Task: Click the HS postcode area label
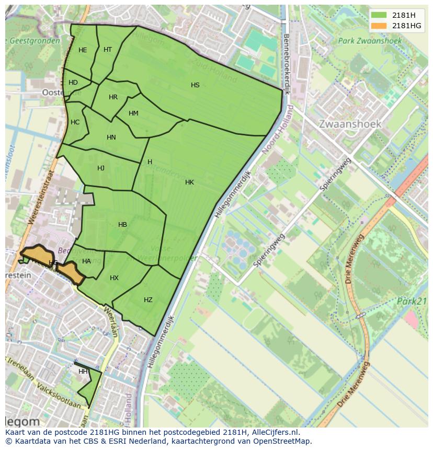point(195,85)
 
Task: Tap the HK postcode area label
point(189,182)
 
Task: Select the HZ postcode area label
point(148,300)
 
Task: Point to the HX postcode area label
point(114,278)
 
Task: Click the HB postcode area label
point(122,225)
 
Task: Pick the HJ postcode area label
point(101,168)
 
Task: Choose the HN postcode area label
point(111,137)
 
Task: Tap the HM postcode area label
point(133,113)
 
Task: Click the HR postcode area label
point(113,97)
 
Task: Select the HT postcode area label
point(108,50)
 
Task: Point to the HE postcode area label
point(83,50)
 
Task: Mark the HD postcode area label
point(73,83)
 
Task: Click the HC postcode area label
point(75,122)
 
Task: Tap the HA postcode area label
point(86,261)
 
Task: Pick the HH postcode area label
point(83,372)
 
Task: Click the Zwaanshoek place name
point(350,124)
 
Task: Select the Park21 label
point(412,301)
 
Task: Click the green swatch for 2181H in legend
point(379,15)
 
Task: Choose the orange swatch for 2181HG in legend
point(379,26)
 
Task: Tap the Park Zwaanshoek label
point(369,41)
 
